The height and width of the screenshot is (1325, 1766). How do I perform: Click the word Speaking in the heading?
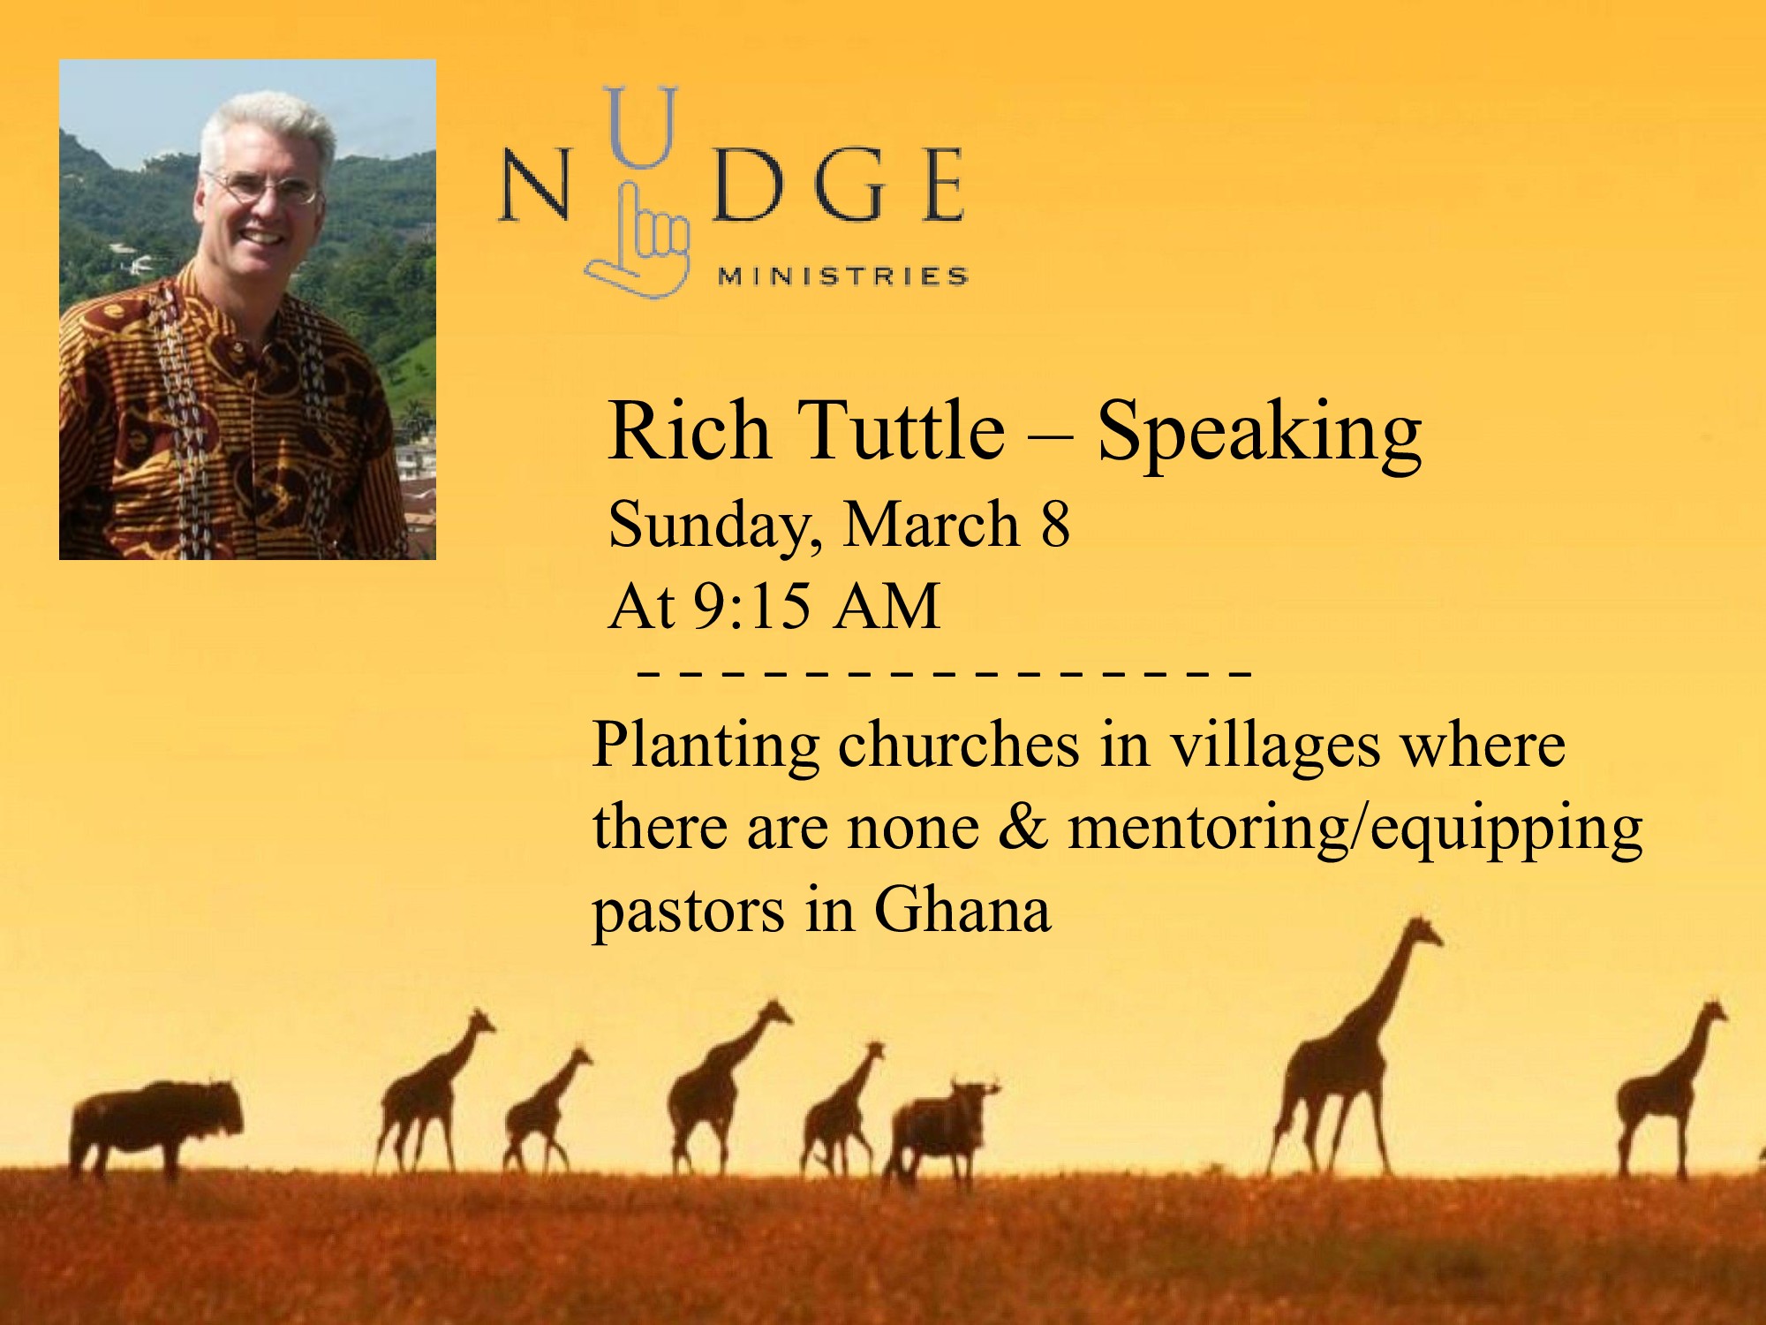tap(1259, 433)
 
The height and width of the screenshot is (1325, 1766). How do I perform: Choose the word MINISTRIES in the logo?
tap(843, 276)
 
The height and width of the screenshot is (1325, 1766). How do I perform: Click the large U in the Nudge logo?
tap(642, 126)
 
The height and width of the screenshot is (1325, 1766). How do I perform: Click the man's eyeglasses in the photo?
tap(263, 186)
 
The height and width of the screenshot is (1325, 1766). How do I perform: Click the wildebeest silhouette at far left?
tap(154, 1126)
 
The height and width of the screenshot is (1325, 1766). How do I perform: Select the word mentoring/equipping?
tap(1355, 830)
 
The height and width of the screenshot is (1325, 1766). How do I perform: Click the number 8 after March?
tap(1054, 525)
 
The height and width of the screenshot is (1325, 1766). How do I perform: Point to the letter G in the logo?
tap(849, 185)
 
